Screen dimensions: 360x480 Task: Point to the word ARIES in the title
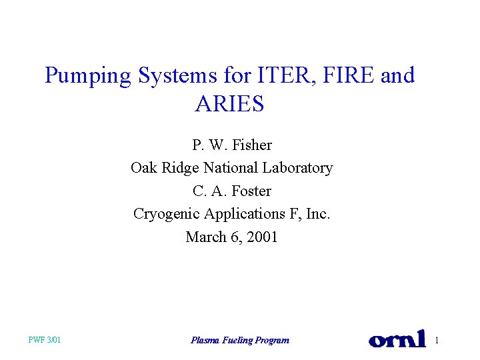click(x=230, y=104)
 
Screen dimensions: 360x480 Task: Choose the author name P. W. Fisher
click(x=232, y=145)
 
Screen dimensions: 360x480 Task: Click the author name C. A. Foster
click(x=232, y=191)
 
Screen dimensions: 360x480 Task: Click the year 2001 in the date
click(x=261, y=237)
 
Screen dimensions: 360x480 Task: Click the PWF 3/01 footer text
click(x=45, y=341)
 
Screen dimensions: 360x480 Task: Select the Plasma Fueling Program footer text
click(x=240, y=341)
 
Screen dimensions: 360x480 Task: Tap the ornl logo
click(x=397, y=339)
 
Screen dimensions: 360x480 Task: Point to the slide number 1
click(x=437, y=341)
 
